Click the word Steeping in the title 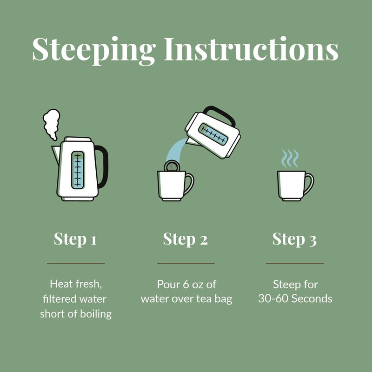click(94, 50)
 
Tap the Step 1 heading click(75, 239)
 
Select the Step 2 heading click(185, 239)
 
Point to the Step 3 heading click(294, 239)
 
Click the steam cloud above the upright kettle click(51, 124)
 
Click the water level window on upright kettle click(78, 170)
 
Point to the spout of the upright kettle click(56, 154)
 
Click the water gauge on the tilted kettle click(213, 134)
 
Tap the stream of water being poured click(176, 149)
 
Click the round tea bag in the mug click(172, 166)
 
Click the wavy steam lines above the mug click(290, 158)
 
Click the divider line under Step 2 click(186, 263)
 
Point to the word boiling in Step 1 click(96, 314)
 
